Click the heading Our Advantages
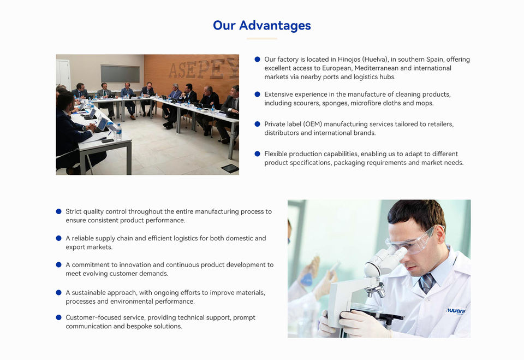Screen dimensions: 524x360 coord(262,26)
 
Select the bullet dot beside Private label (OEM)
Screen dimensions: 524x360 coord(257,124)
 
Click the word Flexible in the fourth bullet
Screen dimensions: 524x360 coord(275,154)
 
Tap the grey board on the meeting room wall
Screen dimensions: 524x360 coord(120,74)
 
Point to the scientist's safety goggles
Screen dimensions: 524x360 coord(412,241)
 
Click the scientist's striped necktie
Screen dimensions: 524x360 coord(426,283)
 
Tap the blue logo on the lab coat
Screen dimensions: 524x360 coord(456,311)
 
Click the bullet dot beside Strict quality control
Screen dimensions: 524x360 coord(58,211)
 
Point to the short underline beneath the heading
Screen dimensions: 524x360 coord(262,39)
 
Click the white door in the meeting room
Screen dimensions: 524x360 coord(63,74)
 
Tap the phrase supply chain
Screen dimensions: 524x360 coord(114,239)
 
